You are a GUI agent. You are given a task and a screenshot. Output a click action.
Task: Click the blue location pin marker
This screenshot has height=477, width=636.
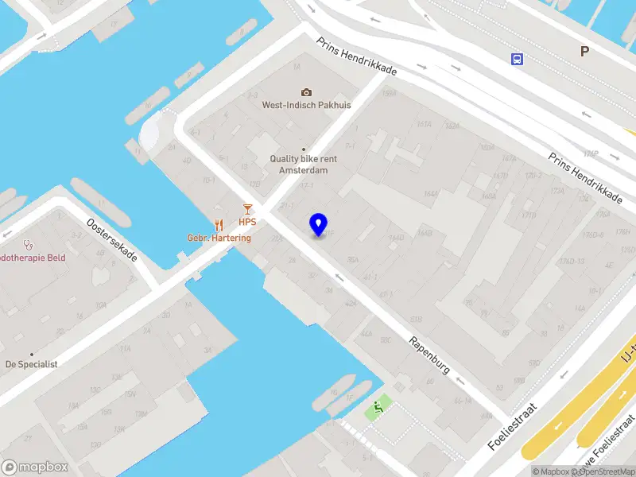319,224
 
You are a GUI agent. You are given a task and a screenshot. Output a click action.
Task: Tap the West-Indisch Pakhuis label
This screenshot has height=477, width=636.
301,104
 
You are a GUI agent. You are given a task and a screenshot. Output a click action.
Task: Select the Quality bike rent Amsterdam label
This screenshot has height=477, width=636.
303,164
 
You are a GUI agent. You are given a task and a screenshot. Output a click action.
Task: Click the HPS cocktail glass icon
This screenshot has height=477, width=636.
247,209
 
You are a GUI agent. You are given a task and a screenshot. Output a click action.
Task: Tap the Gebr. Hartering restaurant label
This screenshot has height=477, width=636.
219,238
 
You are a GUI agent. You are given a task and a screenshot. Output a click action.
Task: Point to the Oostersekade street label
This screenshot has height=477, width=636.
112,240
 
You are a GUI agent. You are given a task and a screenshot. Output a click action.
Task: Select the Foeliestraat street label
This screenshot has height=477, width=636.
513,427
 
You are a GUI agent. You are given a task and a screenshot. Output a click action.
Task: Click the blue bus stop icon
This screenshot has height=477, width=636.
518,59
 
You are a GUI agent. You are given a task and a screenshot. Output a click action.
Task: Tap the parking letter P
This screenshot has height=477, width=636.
584,51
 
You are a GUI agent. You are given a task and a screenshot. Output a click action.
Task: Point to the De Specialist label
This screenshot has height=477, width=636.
31,364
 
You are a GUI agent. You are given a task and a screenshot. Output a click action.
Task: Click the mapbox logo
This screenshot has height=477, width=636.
35,467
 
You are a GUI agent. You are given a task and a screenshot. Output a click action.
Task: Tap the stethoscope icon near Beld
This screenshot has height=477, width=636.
29,245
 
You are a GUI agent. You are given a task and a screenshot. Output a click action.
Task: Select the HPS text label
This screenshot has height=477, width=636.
247,223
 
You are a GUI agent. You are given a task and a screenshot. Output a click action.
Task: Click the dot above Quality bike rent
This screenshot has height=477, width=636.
303,149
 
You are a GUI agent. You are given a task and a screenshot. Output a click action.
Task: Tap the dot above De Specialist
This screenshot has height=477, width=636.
32,354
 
